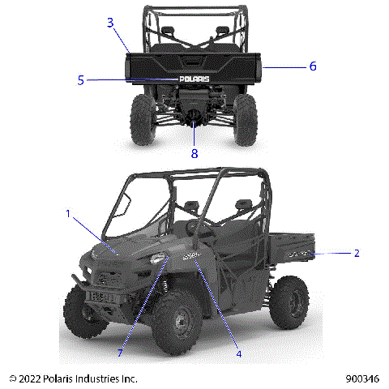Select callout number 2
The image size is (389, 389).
(x=356, y=253)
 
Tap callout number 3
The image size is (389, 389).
(x=110, y=23)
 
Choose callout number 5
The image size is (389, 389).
(x=81, y=79)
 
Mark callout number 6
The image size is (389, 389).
(x=312, y=66)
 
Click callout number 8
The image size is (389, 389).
(x=194, y=152)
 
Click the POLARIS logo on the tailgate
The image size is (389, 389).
(x=194, y=79)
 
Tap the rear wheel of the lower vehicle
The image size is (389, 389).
(x=289, y=303)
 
